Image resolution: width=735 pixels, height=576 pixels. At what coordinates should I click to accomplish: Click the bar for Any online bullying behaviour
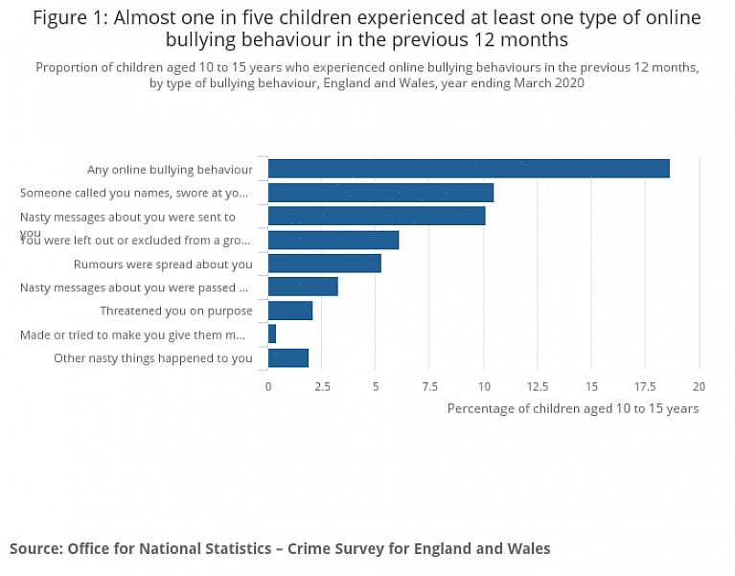[468, 169]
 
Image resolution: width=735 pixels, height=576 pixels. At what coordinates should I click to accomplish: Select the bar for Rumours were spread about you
[324, 264]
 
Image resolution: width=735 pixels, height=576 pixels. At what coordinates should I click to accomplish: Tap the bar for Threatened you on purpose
[289, 311]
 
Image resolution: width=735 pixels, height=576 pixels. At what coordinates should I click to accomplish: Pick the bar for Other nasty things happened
[287, 357]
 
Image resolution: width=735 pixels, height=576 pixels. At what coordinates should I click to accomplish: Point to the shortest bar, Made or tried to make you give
[272, 334]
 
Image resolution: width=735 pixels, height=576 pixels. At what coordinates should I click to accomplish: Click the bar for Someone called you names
[380, 193]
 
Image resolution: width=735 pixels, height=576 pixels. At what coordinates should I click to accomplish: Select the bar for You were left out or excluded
[333, 240]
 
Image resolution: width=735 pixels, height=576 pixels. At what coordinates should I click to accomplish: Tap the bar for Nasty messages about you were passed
[303, 287]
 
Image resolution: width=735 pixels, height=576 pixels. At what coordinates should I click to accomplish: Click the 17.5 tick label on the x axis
[646, 386]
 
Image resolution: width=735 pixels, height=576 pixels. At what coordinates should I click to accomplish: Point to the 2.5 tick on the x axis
[322, 386]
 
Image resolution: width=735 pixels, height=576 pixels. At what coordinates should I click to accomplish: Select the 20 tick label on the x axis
[700, 386]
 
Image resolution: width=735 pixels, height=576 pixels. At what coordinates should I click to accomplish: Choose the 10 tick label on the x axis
[484, 386]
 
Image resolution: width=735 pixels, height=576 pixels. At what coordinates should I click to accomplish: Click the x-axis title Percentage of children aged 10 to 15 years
[573, 408]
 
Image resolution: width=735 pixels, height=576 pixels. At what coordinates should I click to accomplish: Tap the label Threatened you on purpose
[176, 311]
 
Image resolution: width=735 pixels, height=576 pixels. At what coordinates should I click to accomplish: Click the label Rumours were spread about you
[163, 264]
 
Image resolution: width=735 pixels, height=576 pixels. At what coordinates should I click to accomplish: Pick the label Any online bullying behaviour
[170, 170]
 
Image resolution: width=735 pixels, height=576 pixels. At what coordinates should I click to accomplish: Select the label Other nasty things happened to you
[153, 357]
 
